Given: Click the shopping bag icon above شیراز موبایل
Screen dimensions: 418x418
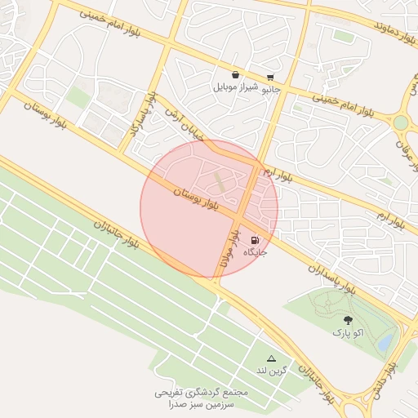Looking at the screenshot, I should [236, 75].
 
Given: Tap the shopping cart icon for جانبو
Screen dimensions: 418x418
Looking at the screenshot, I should [270, 78].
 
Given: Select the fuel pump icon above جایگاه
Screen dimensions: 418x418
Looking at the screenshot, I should [255, 240].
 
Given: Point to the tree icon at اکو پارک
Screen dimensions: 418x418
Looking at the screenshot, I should [349, 320].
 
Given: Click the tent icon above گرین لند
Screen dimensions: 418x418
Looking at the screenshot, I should [271, 358].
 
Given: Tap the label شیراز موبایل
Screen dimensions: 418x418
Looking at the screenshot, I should [236, 87].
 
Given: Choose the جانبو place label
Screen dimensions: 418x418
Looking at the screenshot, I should [270, 90].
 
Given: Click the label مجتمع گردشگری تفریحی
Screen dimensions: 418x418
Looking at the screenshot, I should [201, 392].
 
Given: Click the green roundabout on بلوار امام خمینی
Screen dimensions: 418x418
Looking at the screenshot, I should [401, 123].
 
